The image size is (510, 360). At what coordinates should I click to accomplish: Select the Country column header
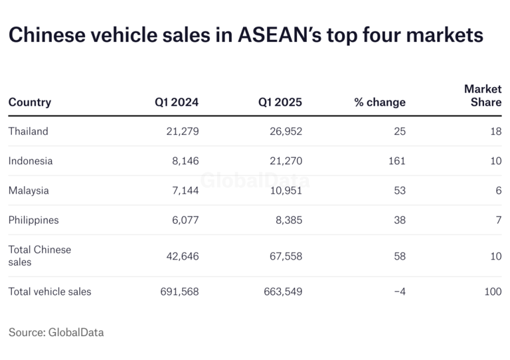tap(30, 102)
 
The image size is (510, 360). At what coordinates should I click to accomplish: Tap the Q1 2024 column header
tap(177, 102)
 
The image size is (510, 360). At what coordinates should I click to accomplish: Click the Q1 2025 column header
tap(280, 102)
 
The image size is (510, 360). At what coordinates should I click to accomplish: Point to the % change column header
tap(380, 102)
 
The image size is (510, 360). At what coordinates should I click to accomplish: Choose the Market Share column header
tap(483, 96)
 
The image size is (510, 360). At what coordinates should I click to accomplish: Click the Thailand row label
tap(29, 132)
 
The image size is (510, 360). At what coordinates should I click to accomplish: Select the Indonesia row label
tap(31, 161)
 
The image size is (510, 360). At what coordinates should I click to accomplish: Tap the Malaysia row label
tap(29, 191)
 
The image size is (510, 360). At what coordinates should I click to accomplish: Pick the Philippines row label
tap(33, 220)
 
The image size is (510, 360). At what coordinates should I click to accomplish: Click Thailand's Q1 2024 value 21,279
tap(183, 132)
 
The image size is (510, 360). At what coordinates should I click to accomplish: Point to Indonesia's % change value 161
tap(397, 161)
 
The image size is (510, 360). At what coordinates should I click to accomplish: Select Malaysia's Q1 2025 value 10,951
tap(284, 191)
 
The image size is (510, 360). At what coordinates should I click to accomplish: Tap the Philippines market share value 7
tap(498, 220)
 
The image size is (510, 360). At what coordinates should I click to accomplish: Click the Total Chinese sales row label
tap(39, 256)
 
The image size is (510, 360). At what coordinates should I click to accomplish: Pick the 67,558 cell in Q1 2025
tap(284, 256)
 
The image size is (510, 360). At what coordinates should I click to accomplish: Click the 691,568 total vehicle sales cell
tap(179, 292)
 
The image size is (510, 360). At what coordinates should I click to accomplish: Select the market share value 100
tap(493, 292)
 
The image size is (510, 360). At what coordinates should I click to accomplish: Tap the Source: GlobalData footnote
tap(56, 332)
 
